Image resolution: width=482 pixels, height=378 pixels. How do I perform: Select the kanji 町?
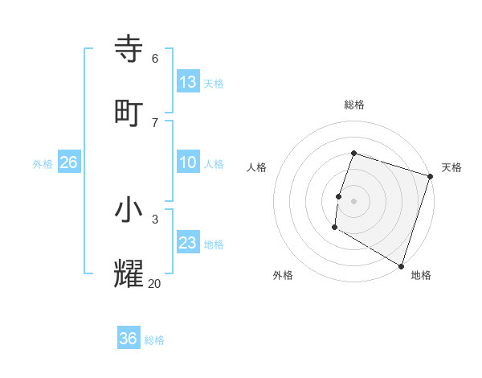point(129,113)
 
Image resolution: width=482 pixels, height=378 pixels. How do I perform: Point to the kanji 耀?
point(129,273)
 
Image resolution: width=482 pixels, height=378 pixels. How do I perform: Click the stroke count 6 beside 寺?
point(155,58)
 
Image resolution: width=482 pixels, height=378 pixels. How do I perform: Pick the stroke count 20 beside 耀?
point(154,283)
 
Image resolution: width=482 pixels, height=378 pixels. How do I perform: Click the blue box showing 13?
point(188,82)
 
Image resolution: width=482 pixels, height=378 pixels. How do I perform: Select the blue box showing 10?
point(188,162)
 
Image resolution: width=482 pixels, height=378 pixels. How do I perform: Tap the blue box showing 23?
point(188,243)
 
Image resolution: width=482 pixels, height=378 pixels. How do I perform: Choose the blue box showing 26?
point(68,162)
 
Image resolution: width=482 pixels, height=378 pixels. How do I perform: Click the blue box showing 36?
point(129,339)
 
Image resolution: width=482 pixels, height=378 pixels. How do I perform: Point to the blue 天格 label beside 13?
point(213,84)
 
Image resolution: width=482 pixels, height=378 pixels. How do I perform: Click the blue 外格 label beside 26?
point(43,164)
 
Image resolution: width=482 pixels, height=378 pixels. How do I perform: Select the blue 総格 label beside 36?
point(154,340)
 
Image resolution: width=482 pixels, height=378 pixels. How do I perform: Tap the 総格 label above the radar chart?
point(354,105)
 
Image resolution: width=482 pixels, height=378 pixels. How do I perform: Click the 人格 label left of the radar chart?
point(257,167)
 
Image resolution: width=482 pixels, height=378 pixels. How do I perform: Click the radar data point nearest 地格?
point(401,265)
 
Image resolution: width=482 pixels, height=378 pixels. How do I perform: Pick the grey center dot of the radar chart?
point(354,201)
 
